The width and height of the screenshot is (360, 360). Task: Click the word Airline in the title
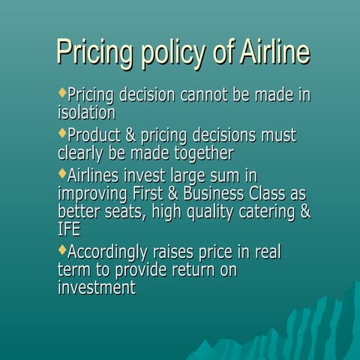coord(274,52)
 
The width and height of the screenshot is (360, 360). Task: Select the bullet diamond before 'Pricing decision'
coord(61,94)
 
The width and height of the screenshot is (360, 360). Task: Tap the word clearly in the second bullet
coord(82,153)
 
